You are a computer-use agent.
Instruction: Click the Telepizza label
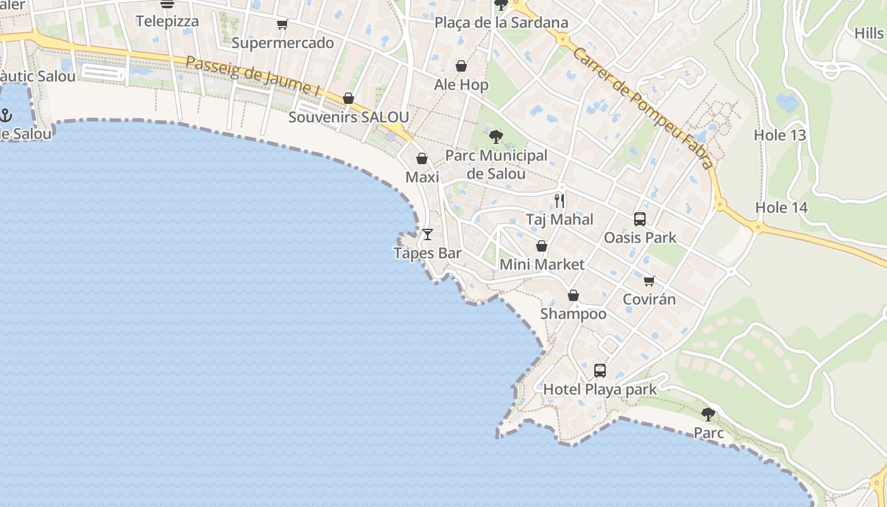(x=167, y=21)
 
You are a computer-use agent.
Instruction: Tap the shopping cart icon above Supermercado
(x=282, y=25)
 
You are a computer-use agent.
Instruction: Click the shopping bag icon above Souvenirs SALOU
(x=348, y=98)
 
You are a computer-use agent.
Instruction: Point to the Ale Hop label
(x=461, y=85)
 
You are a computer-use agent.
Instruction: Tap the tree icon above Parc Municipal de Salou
(x=496, y=136)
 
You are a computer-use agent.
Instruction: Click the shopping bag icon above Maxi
(x=422, y=158)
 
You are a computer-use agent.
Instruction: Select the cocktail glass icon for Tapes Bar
(x=428, y=234)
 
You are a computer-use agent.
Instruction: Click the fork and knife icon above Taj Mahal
(x=559, y=201)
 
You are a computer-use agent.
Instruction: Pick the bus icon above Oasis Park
(x=640, y=219)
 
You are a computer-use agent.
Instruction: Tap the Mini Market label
(x=542, y=264)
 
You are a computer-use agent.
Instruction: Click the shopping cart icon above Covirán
(x=649, y=281)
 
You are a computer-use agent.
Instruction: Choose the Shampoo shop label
(x=573, y=314)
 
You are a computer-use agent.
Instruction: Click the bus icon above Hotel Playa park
(x=599, y=371)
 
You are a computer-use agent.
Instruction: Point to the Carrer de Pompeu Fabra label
(x=644, y=107)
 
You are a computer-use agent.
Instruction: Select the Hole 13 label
(x=779, y=135)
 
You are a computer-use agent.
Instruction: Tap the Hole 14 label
(x=781, y=207)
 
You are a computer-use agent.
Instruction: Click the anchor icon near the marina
(x=6, y=115)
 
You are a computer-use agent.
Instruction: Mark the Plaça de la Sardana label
(x=501, y=23)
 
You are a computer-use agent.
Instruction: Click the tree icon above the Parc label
(x=708, y=414)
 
